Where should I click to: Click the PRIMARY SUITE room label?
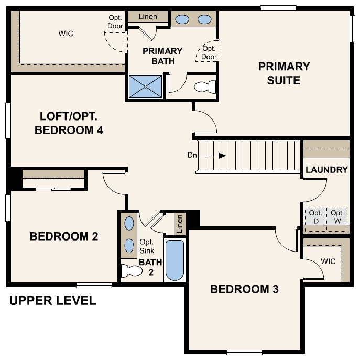(x=284, y=73)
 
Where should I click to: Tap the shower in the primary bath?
(x=145, y=86)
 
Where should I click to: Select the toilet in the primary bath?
(x=205, y=86)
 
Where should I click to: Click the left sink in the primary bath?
(x=182, y=20)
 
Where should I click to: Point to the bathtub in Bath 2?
(x=174, y=260)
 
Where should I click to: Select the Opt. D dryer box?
(x=315, y=216)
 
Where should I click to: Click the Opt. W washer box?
(x=337, y=216)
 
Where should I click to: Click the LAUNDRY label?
(x=326, y=170)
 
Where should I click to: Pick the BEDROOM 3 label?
(x=244, y=289)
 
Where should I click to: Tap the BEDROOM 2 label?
(x=64, y=236)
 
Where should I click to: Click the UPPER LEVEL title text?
(x=52, y=301)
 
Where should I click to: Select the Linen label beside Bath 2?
(x=180, y=224)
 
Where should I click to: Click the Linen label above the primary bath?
(x=148, y=17)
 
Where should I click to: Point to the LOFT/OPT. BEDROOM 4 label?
(x=68, y=123)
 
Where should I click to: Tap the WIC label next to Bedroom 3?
(x=328, y=261)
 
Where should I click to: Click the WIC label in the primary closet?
(x=66, y=34)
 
